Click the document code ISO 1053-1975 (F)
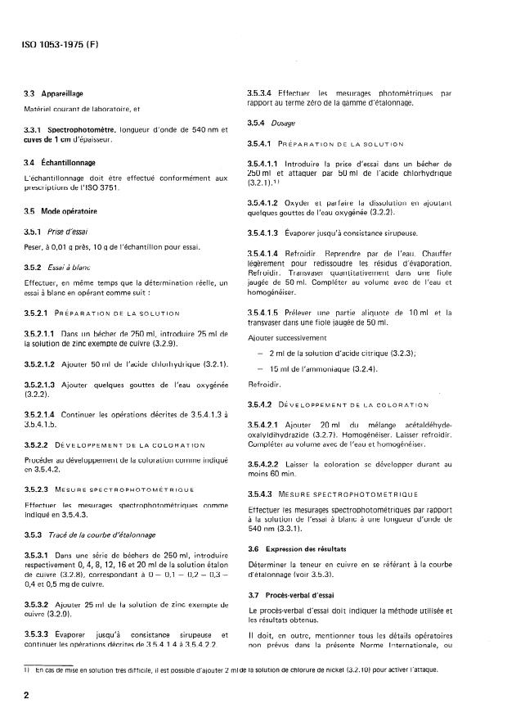tap(54, 43)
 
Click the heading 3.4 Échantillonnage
tap(60, 163)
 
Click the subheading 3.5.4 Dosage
tap(271, 123)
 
